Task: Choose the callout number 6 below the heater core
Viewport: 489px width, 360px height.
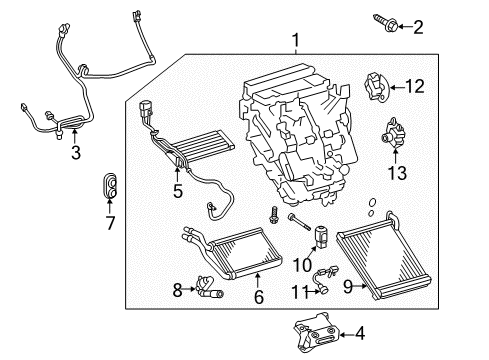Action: coord(258,296)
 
